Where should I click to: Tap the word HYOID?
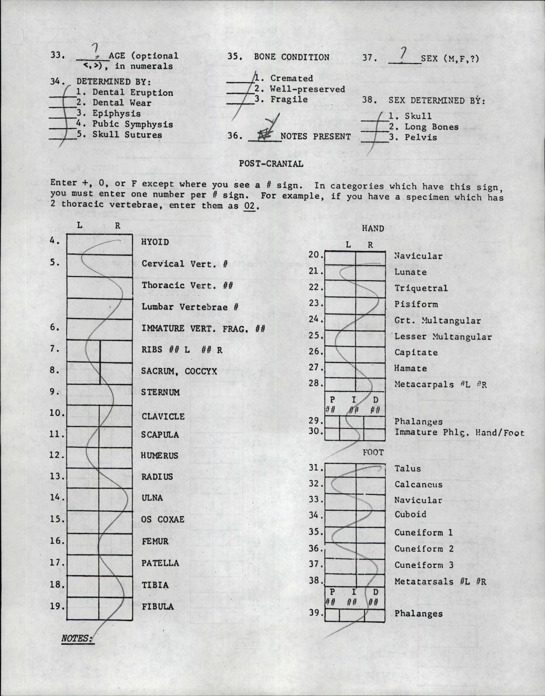click(x=155, y=242)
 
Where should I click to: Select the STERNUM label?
click(x=160, y=392)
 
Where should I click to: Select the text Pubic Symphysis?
click(x=133, y=124)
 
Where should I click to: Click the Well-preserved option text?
click(x=308, y=89)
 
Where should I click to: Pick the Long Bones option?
click(x=432, y=127)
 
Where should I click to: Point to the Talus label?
click(x=407, y=468)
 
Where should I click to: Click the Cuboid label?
click(x=410, y=514)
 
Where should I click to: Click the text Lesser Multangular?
click(x=443, y=336)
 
